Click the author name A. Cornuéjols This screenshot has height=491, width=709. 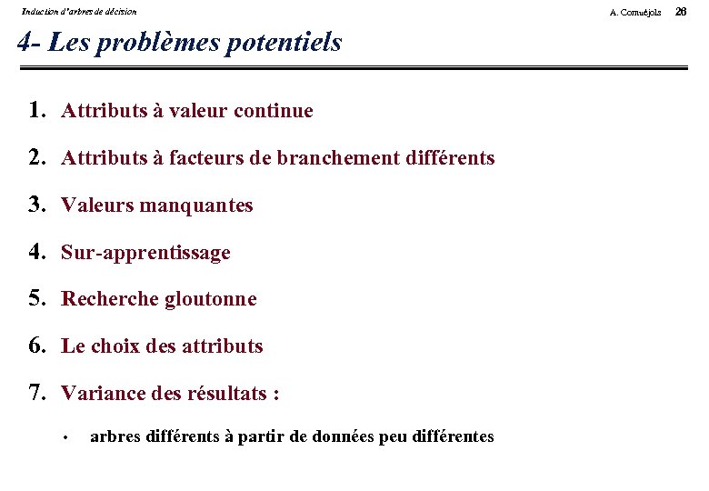pos(635,12)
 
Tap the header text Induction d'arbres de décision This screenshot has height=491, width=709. pos(79,12)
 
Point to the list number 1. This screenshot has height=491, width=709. pos(36,111)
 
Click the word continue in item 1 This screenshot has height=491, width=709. pos(274,111)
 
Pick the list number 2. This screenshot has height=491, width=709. pos(36,158)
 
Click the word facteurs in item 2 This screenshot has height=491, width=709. pos(207,158)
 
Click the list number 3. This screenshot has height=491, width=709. pos(36,205)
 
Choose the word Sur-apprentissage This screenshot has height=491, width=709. pos(145,253)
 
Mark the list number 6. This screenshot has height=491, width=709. pos(36,346)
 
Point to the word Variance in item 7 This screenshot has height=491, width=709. pos(97,394)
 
